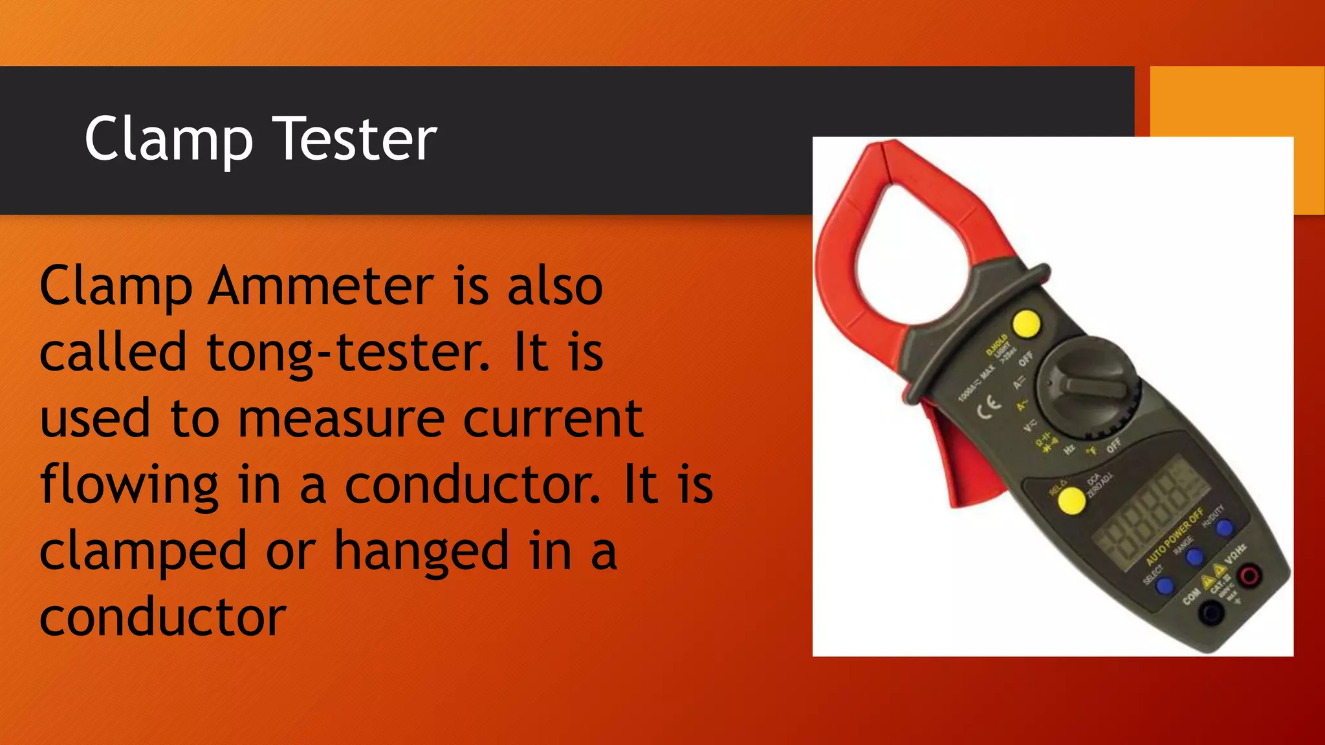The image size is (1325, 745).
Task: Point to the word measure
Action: click(342, 419)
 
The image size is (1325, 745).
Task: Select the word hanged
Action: click(422, 552)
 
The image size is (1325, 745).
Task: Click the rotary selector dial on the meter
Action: click(1086, 387)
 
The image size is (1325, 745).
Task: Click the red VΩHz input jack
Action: click(1248, 575)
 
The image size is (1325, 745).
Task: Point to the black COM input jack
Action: click(1210, 611)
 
